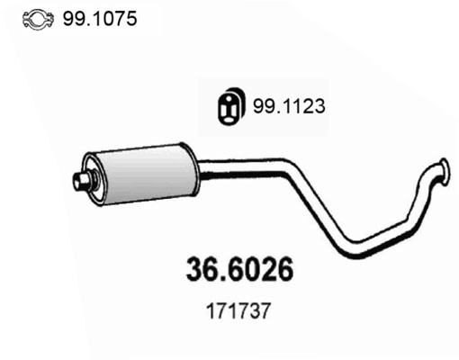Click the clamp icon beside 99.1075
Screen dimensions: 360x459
pos(37,19)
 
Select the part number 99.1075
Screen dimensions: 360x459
pos(100,18)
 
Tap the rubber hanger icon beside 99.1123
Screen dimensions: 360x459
pos(231,106)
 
